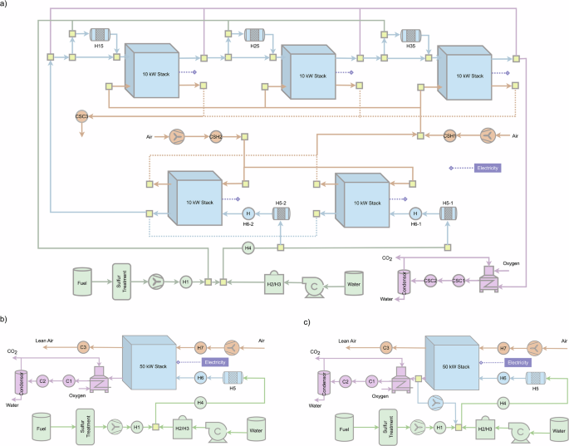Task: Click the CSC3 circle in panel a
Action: (x=81, y=117)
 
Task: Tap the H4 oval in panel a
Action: (x=248, y=248)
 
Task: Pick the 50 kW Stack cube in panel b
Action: (x=150, y=362)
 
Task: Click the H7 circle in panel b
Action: (x=200, y=346)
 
